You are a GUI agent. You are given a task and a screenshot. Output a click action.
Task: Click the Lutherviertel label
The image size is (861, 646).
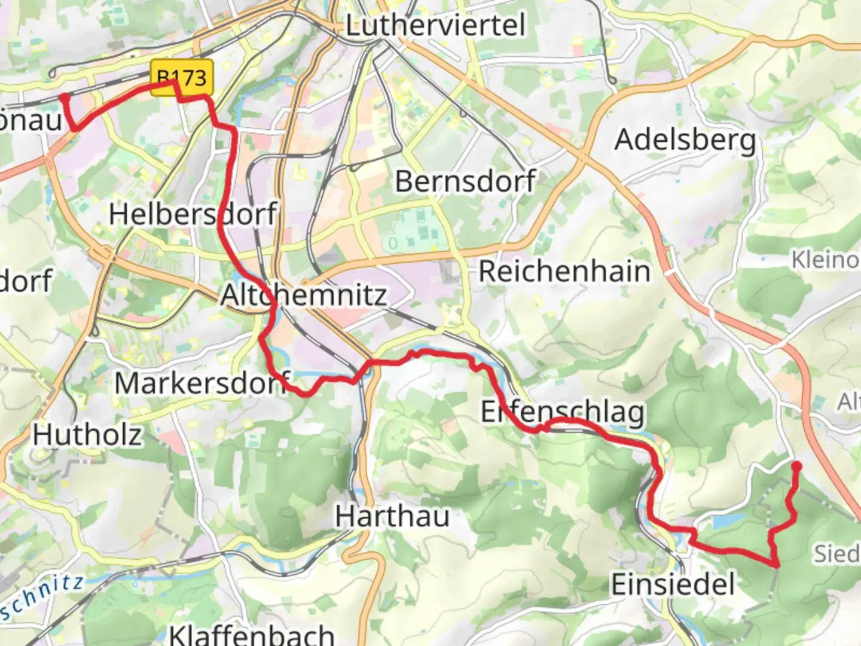click(436, 26)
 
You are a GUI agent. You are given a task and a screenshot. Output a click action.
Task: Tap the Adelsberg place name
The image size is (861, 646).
click(685, 141)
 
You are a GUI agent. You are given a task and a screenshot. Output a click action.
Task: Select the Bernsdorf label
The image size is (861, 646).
click(465, 181)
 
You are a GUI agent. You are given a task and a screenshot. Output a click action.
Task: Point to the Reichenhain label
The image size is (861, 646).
click(564, 272)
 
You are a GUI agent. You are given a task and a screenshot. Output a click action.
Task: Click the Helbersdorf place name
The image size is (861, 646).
click(193, 214)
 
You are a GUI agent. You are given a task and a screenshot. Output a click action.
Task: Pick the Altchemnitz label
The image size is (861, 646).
click(304, 295)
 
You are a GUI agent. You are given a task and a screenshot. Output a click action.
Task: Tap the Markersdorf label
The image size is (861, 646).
click(203, 383)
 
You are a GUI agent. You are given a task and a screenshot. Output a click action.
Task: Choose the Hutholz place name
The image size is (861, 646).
click(87, 435)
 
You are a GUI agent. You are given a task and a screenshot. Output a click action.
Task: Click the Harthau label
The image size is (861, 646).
click(392, 516)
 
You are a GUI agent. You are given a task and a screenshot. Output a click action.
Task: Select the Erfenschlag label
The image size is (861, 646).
click(563, 412)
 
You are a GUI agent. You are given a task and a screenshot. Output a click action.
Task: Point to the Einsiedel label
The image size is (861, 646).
click(673, 584)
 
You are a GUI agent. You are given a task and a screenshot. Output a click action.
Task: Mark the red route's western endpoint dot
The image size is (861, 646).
click(64, 96)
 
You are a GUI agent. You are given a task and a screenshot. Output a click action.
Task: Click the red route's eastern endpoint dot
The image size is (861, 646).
click(796, 466)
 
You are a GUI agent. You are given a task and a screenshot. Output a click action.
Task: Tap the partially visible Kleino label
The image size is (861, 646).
click(825, 260)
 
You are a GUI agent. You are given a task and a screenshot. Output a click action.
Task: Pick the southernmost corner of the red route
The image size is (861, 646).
click(776, 564)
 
